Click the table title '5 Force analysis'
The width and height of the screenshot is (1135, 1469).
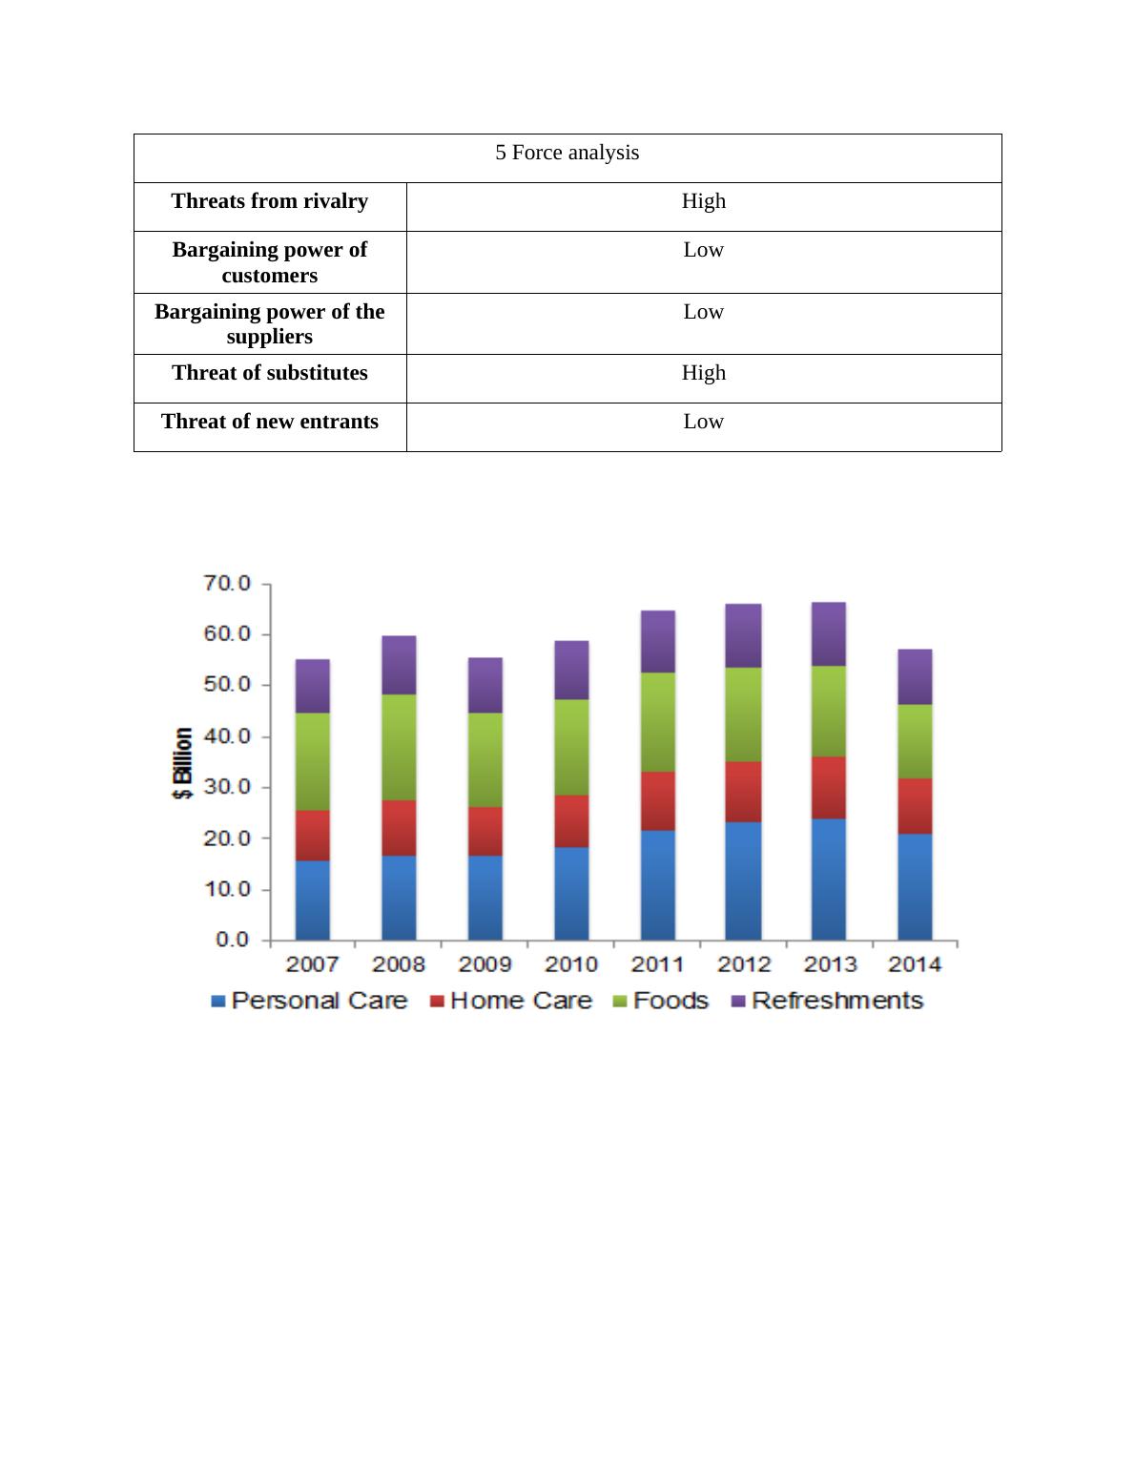point(567,154)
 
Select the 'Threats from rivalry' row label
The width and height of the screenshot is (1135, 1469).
point(270,201)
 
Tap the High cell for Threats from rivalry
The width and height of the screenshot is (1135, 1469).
point(704,201)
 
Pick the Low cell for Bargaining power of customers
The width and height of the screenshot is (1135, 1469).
point(704,250)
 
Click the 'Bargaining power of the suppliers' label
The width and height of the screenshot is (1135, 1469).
point(270,324)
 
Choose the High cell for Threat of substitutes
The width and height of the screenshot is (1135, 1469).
point(704,373)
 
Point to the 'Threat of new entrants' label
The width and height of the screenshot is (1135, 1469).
point(270,422)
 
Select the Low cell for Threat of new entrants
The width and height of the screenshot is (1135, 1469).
point(704,422)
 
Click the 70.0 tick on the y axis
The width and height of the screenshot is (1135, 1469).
point(227,583)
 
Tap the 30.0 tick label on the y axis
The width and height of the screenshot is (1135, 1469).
point(227,787)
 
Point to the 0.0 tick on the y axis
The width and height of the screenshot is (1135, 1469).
point(232,940)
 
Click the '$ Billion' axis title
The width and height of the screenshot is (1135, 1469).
point(183,764)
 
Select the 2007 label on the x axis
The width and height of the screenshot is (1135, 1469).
point(313,964)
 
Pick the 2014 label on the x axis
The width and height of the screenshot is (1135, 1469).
point(915,964)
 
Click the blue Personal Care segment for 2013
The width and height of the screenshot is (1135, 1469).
point(829,878)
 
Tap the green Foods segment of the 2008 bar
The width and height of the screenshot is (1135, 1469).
point(399,746)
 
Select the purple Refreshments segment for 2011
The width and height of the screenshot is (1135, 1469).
point(658,641)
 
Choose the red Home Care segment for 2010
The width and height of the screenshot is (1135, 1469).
point(571,820)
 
